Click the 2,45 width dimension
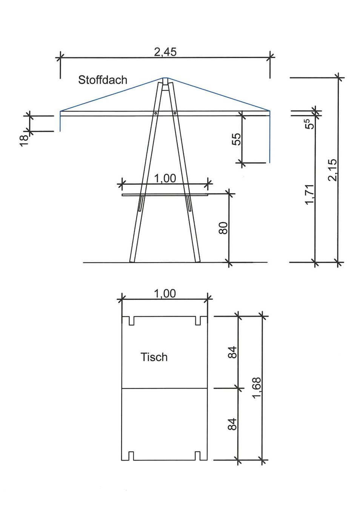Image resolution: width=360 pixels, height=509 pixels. [165, 52]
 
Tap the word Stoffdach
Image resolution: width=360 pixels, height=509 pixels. [103, 80]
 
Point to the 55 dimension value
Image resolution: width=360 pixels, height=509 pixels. [237, 139]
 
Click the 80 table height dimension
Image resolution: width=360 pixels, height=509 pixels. [223, 228]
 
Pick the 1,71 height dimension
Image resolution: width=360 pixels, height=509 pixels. [310, 195]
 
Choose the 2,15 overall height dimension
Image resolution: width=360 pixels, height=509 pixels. [332, 170]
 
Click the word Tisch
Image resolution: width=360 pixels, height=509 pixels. [154, 357]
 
